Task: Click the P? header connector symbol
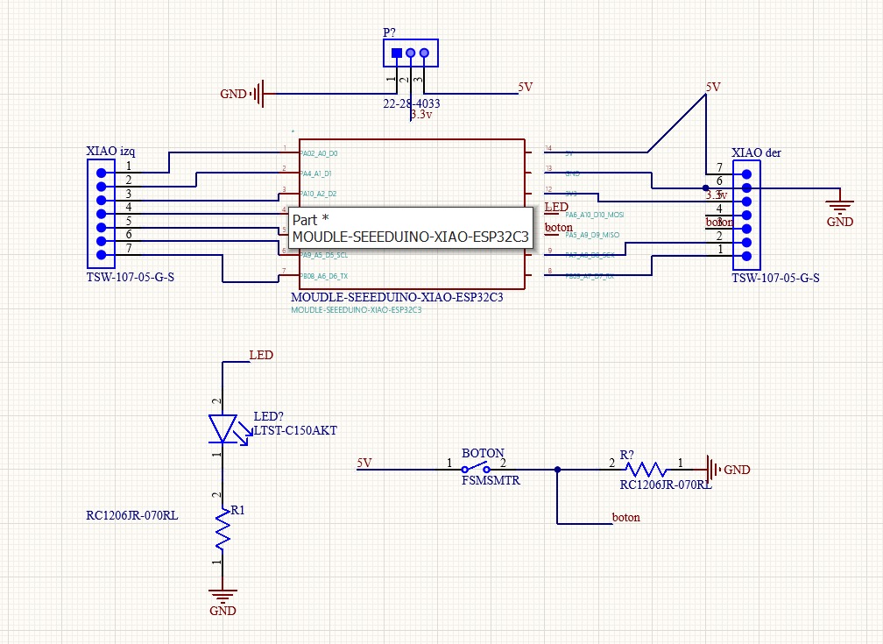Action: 410,53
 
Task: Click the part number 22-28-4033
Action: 411,103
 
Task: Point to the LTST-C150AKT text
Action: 295,430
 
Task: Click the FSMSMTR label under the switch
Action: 491,480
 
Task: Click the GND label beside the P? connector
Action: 233,94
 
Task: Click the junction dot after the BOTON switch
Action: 558,470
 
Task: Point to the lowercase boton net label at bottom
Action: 625,517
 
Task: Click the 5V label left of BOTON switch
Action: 364,463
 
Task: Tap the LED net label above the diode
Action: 261,356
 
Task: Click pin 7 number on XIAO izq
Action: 128,248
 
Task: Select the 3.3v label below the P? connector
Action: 422,115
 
